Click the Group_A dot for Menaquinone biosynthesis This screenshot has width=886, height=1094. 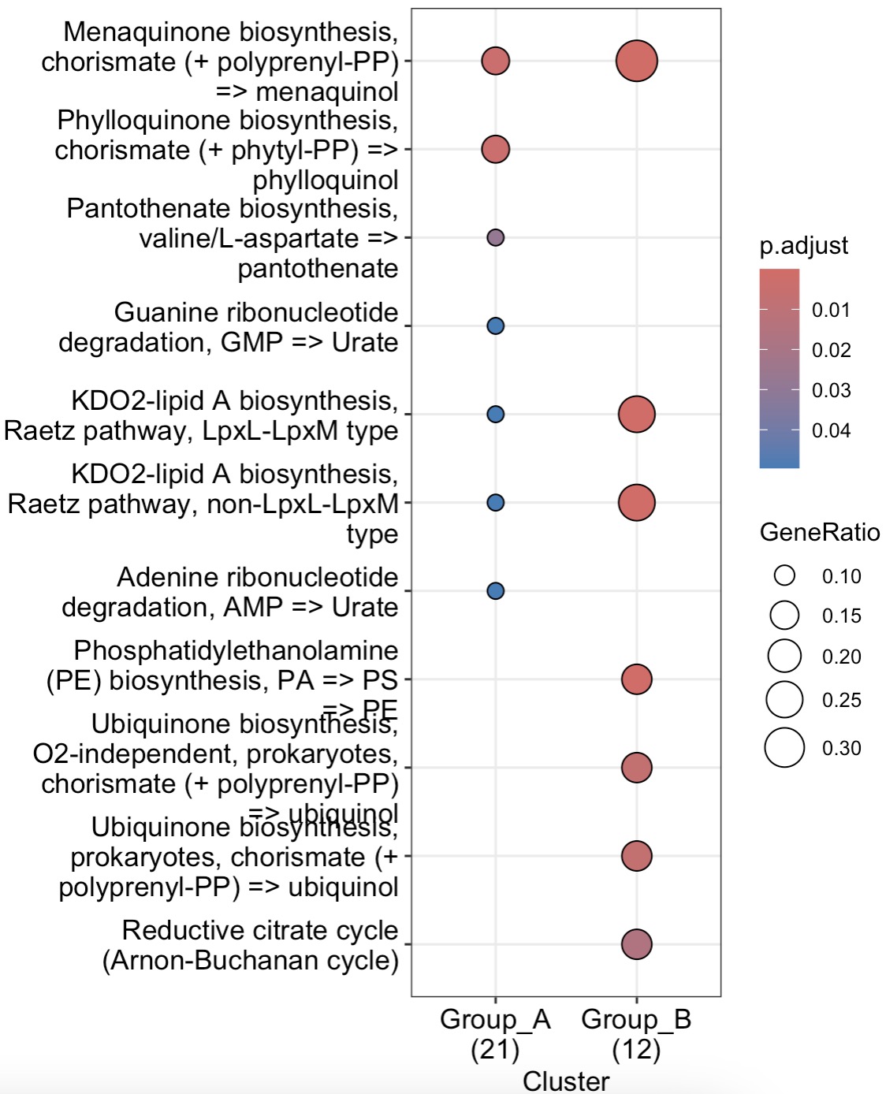pyautogui.click(x=495, y=61)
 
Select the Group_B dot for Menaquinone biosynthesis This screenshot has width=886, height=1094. pyautogui.click(x=637, y=61)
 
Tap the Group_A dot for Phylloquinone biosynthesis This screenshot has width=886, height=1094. pyautogui.click(x=495, y=149)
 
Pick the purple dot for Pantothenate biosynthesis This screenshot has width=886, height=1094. pyautogui.click(x=495, y=237)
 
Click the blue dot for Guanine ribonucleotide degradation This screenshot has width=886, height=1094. pyautogui.click(x=495, y=326)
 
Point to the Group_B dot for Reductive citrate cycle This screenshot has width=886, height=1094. pyautogui.click(x=637, y=943)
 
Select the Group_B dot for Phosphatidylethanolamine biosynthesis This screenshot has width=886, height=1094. pyautogui.click(x=637, y=679)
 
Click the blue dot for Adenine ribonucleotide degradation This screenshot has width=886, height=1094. pyautogui.click(x=495, y=590)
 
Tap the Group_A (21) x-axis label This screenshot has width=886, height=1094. pyautogui.click(x=495, y=1033)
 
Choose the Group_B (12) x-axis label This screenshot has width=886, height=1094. pyautogui.click(x=637, y=1033)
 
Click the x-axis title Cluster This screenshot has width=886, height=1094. pyautogui.click(x=566, y=1081)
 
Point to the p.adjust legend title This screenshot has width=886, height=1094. pyautogui.click(x=803, y=245)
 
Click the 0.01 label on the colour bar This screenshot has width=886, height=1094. pyautogui.click(x=832, y=310)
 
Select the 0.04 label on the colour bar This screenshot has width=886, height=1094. pyautogui.click(x=832, y=430)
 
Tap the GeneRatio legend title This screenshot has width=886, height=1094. pyautogui.click(x=820, y=532)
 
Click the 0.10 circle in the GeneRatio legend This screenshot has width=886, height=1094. pyautogui.click(x=784, y=575)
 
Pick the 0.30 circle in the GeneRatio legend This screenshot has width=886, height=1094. pyautogui.click(x=784, y=748)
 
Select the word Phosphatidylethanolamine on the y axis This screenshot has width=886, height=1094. pyautogui.click(x=236, y=650)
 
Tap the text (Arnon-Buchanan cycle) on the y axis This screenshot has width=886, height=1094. pyautogui.click(x=251, y=960)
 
